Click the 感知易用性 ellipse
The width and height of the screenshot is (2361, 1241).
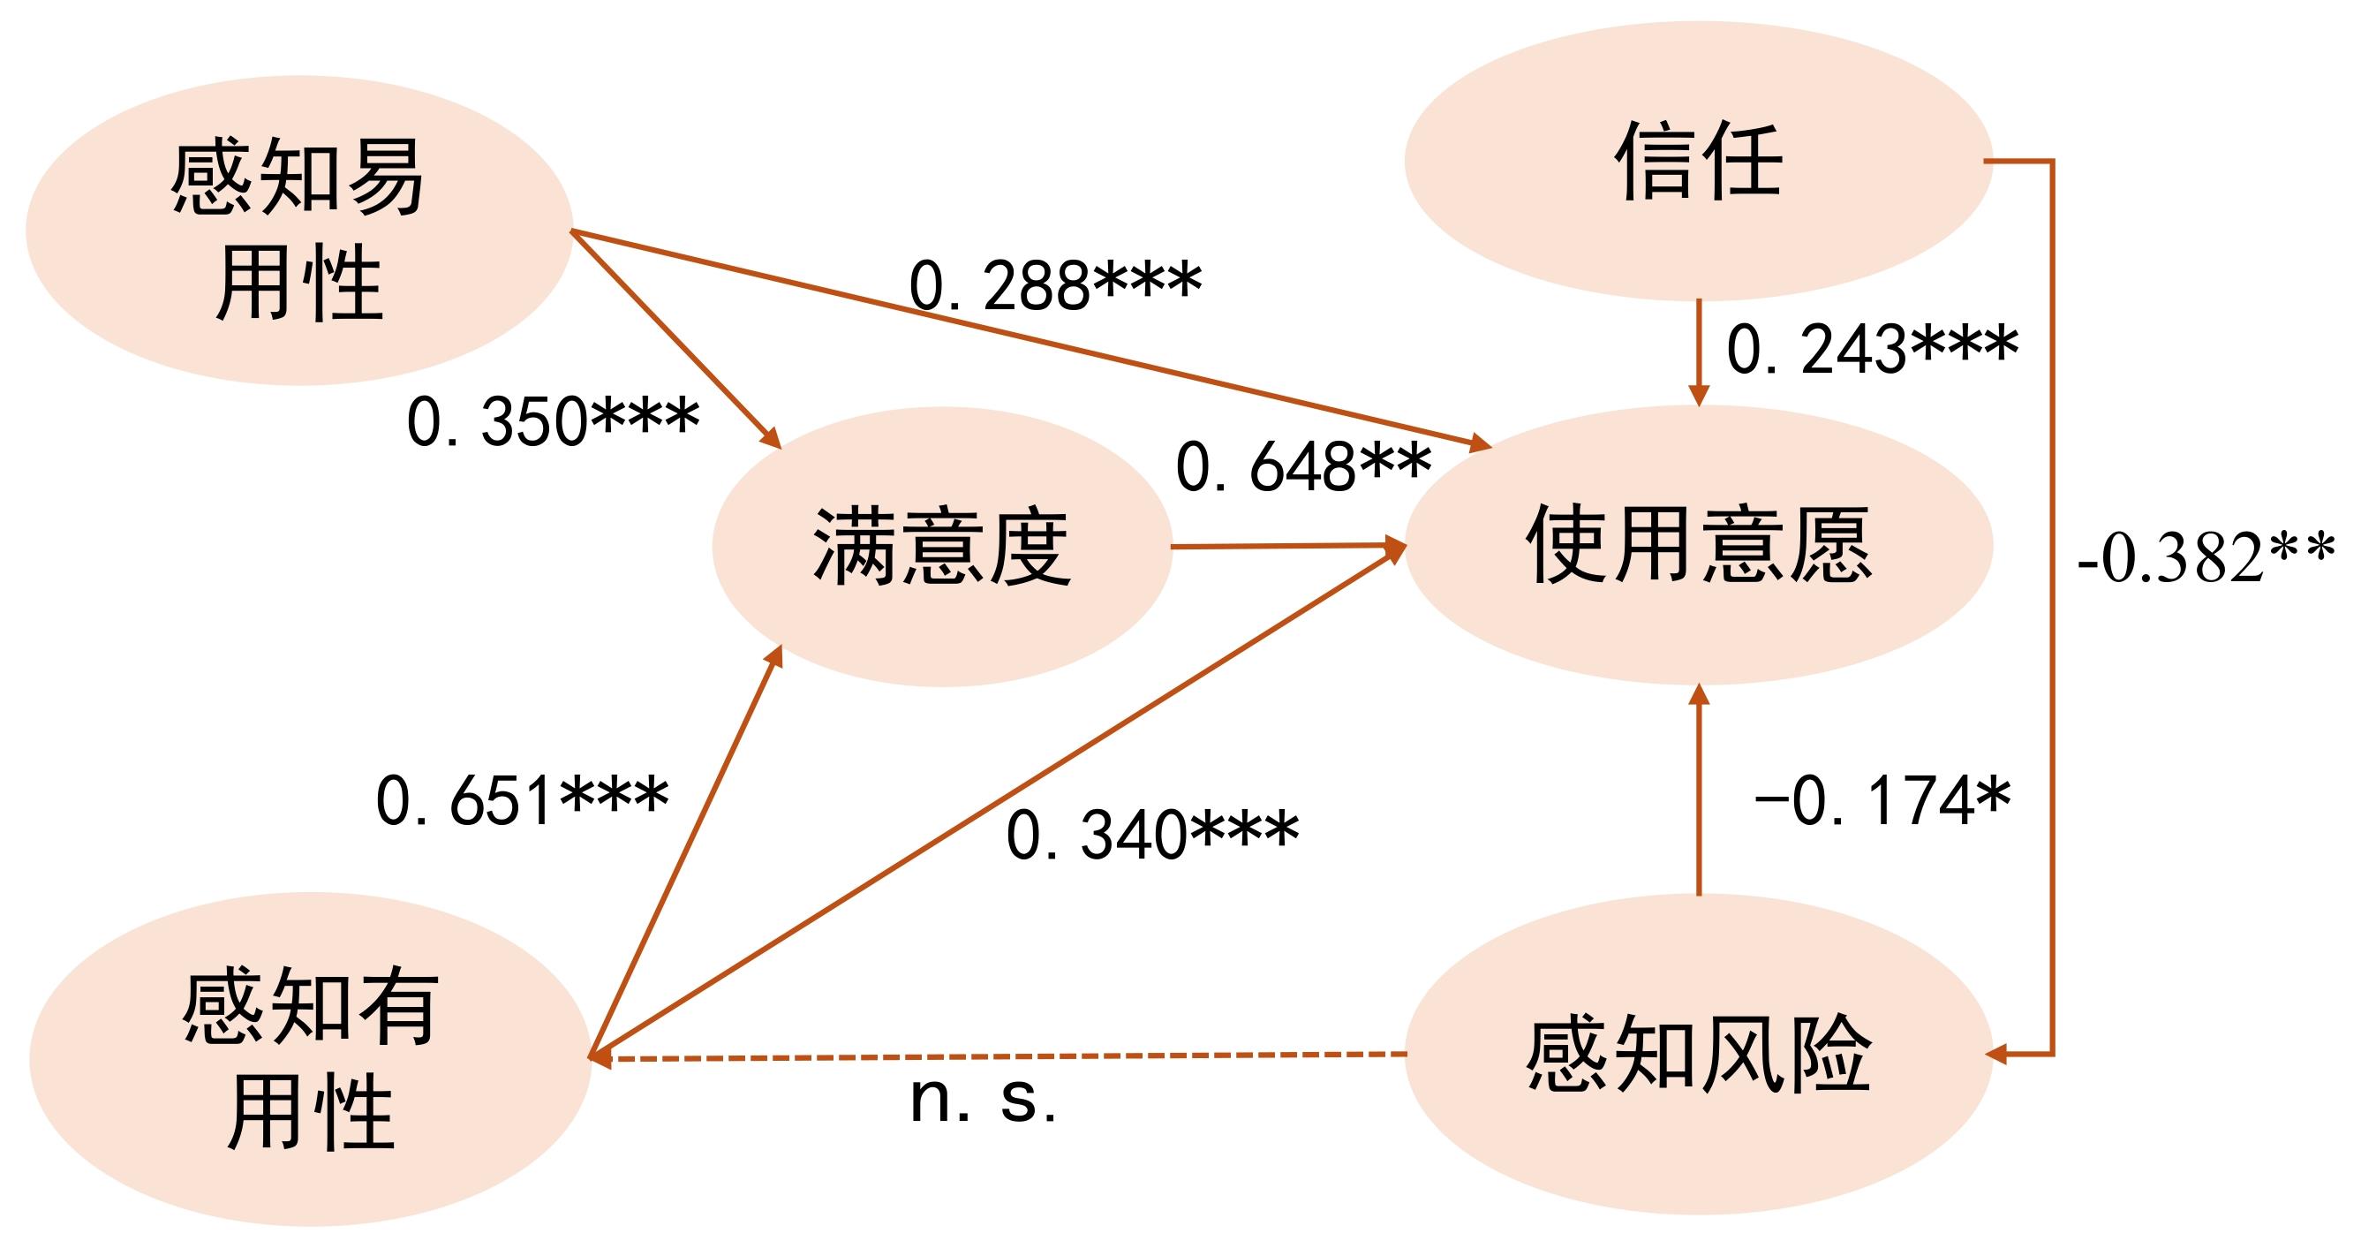click(x=298, y=229)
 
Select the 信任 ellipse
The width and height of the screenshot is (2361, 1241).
click(x=1697, y=161)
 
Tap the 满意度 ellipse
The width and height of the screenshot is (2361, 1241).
click(x=941, y=546)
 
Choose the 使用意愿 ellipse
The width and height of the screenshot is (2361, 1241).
click(x=1697, y=544)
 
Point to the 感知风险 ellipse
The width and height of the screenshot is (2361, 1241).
click(x=1697, y=1054)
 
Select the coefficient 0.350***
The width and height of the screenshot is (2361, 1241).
click(x=553, y=420)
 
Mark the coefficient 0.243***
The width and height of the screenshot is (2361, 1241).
click(x=1872, y=348)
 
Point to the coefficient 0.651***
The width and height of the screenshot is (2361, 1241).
click(x=522, y=799)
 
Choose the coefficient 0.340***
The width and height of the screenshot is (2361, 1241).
click(x=1152, y=834)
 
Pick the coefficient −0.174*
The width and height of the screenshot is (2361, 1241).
click(x=1882, y=799)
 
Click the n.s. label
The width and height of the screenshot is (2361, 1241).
click(x=983, y=1098)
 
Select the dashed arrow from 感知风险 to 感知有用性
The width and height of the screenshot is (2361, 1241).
click(x=999, y=1056)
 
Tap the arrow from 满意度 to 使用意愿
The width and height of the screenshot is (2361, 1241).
click(x=1287, y=546)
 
